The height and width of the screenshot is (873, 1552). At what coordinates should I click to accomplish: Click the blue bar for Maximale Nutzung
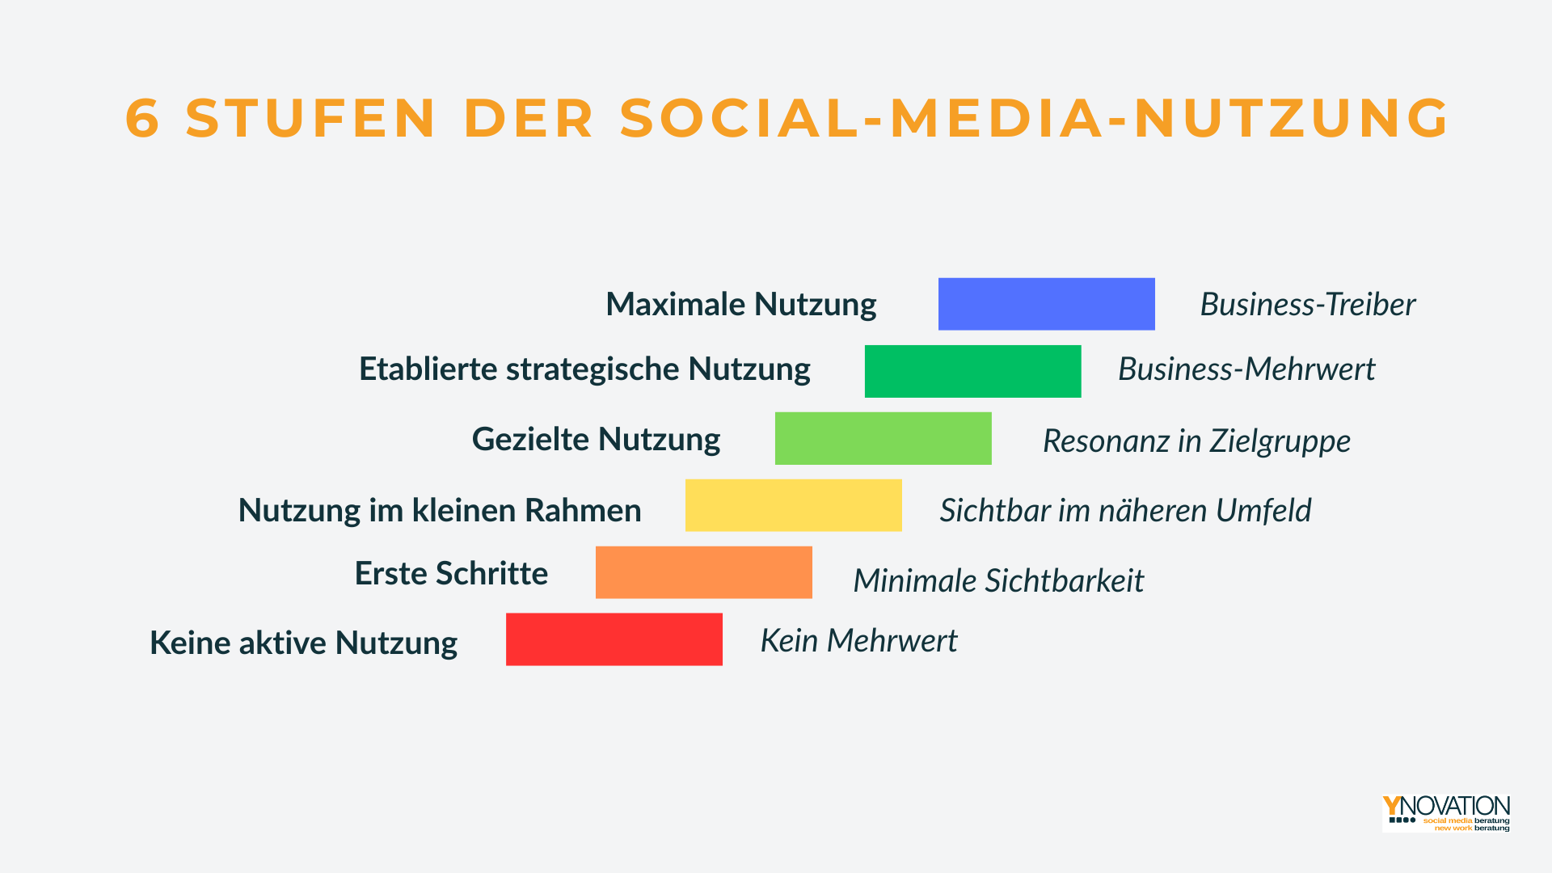pyautogui.click(x=1046, y=304)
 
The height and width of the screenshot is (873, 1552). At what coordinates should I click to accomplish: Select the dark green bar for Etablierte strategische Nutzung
pyautogui.click(x=972, y=371)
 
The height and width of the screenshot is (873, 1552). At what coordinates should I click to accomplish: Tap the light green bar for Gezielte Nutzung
pyautogui.click(x=883, y=438)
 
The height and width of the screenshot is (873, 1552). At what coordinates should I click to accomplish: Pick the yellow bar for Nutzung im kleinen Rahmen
pyautogui.click(x=793, y=505)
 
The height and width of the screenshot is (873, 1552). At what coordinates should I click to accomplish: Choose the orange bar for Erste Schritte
pyautogui.click(x=703, y=572)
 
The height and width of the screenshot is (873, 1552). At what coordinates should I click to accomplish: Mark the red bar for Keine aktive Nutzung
pyautogui.click(x=614, y=639)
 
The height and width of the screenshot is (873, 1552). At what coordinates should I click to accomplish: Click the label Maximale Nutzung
pyautogui.click(x=741, y=306)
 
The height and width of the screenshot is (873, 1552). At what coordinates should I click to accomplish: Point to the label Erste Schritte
pyautogui.click(x=451, y=573)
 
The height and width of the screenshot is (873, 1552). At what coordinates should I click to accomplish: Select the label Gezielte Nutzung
pyautogui.click(x=596, y=441)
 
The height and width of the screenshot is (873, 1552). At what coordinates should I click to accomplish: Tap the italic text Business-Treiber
pyautogui.click(x=1307, y=305)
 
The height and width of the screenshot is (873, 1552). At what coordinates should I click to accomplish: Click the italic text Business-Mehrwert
pyautogui.click(x=1246, y=369)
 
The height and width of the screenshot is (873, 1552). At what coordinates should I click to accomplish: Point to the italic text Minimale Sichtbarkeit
pyautogui.click(x=998, y=581)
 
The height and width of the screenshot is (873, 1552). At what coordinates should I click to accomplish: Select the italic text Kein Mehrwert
pyautogui.click(x=858, y=641)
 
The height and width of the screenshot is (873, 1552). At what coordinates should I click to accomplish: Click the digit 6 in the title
pyautogui.click(x=142, y=118)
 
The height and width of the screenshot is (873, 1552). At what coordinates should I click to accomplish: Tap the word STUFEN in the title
pyautogui.click(x=311, y=118)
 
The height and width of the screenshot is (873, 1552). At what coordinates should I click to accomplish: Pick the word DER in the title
pyautogui.click(x=529, y=118)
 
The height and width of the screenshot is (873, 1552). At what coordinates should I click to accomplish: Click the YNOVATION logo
pyautogui.click(x=1446, y=813)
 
